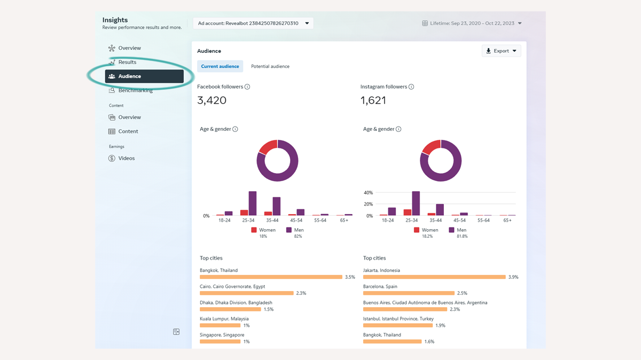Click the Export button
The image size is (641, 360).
click(501, 51)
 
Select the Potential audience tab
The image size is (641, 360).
click(270, 66)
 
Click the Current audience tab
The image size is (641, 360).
click(220, 66)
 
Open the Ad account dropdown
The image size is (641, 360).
click(253, 24)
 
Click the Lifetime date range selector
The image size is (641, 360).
click(472, 24)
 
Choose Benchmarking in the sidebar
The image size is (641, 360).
click(135, 90)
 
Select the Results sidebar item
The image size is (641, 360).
click(127, 62)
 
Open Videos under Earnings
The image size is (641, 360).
click(126, 158)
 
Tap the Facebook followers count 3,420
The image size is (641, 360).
click(212, 100)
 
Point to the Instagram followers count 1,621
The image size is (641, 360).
click(373, 100)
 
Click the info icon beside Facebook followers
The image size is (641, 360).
click(247, 87)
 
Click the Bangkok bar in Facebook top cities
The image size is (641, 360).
click(271, 277)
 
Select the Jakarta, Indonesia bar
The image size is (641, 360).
click(434, 277)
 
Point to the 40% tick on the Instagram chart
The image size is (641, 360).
click(368, 192)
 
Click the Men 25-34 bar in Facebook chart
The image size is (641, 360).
click(253, 204)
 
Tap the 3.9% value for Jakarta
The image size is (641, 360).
click(513, 277)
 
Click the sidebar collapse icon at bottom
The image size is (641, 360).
click(176, 332)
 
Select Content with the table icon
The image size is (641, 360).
click(128, 131)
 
